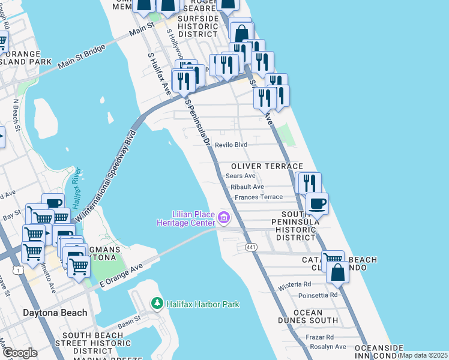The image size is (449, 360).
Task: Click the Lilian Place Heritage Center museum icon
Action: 224,217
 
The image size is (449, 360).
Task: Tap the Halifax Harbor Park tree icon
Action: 157,304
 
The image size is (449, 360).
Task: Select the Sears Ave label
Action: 241,176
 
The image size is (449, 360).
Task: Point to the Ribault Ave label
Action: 247,187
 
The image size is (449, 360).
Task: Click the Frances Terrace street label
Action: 258,197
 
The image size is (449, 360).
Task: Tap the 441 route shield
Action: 251,247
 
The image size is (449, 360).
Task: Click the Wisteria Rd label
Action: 295,284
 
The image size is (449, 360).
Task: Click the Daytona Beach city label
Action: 46,313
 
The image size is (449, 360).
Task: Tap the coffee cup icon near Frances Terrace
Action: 317,203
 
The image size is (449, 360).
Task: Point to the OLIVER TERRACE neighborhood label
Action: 267,166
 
